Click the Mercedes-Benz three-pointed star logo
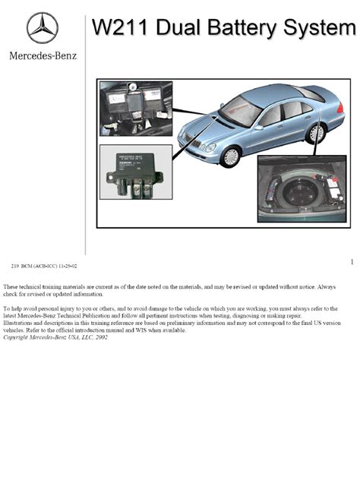[x=43, y=27]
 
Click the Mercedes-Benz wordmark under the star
[x=43, y=55]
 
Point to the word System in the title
[x=322, y=27]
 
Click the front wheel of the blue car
[x=230, y=156]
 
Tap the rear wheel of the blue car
[x=316, y=132]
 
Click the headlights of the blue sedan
[x=205, y=147]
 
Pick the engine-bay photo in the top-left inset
[x=136, y=109]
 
